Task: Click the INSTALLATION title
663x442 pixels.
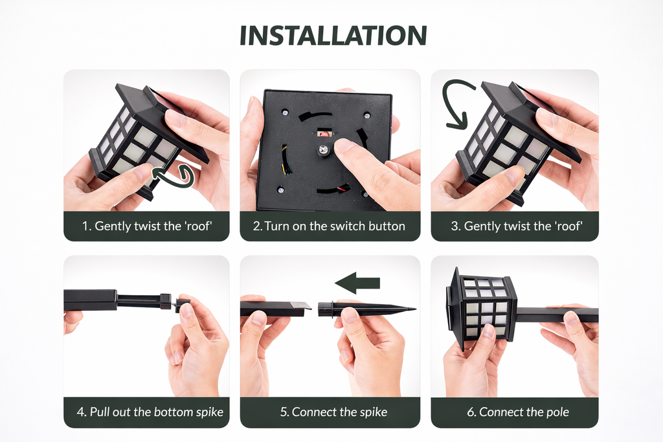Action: (x=333, y=36)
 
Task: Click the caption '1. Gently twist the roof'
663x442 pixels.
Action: (x=146, y=226)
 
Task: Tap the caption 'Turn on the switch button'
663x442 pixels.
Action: (x=330, y=226)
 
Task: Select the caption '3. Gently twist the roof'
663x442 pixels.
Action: (x=514, y=226)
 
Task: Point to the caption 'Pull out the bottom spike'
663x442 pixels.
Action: (x=146, y=412)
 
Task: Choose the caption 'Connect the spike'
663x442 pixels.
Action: (x=330, y=412)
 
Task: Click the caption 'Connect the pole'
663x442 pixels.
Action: (x=514, y=412)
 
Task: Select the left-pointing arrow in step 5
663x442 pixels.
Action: (x=357, y=282)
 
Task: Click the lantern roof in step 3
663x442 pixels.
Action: (x=531, y=116)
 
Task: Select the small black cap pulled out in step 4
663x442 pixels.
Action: (x=182, y=305)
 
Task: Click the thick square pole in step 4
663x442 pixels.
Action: (x=91, y=300)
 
